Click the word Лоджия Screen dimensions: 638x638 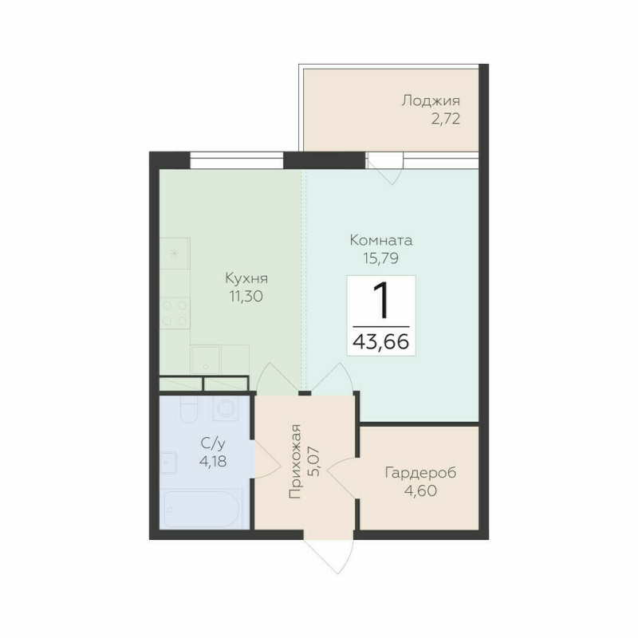[x=431, y=101]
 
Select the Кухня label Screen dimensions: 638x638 [x=246, y=278]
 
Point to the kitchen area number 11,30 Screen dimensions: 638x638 [x=246, y=297]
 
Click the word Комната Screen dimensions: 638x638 [x=380, y=239]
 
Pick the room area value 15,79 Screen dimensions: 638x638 [x=380, y=258]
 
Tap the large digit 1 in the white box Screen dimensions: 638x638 [x=381, y=301]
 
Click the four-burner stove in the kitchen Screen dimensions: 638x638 [x=175, y=312]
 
